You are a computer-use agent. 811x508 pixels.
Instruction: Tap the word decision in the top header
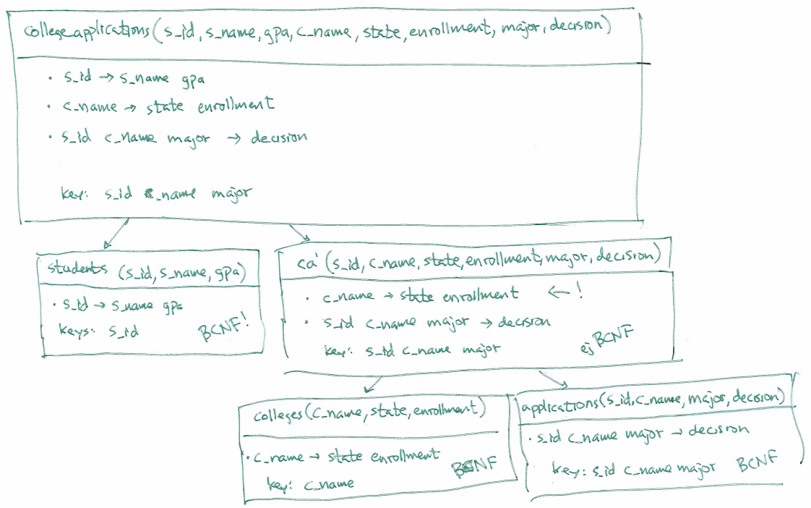580,28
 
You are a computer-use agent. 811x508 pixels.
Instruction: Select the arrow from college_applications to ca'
299,233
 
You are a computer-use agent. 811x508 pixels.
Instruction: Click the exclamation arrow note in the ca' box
565,292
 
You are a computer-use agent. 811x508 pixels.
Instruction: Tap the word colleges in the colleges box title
278,415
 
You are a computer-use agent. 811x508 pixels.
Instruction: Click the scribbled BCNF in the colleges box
473,467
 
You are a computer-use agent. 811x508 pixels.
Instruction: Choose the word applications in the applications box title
560,404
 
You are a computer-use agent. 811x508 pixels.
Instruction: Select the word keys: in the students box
77,331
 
